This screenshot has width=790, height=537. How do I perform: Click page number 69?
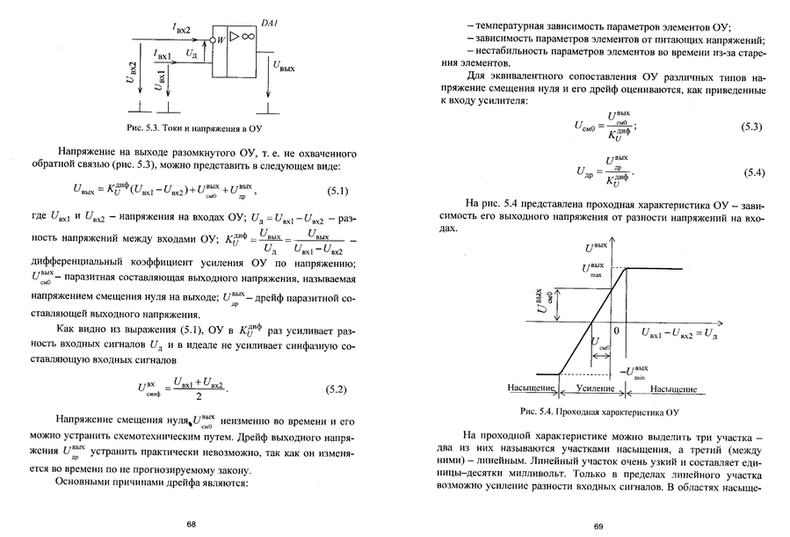pos(598,526)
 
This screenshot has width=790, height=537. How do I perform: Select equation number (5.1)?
pos(338,191)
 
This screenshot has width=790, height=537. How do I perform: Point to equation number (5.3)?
pos(750,127)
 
